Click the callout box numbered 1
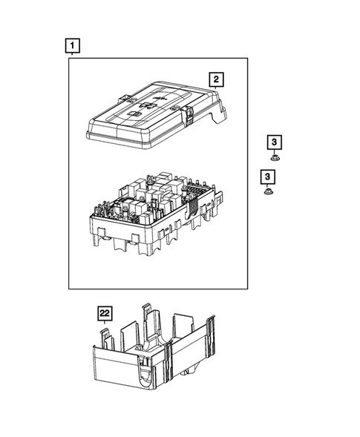click(x=71, y=47)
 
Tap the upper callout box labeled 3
click(x=274, y=142)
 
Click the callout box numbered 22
click(x=105, y=314)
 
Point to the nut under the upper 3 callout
click(x=274, y=157)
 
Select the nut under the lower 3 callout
click(x=267, y=192)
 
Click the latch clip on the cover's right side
click(x=190, y=114)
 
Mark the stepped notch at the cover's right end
click(x=220, y=116)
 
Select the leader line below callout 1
click(x=71, y=56)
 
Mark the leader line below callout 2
click(x=215, y=89)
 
